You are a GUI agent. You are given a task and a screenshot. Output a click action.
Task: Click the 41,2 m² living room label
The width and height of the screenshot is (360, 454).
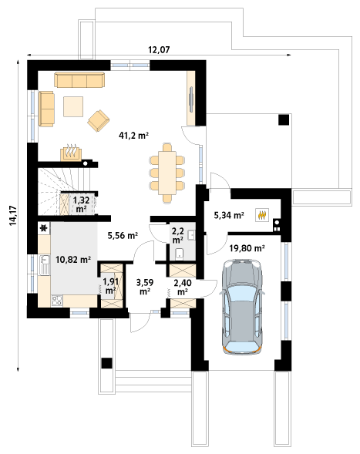[x=134, y=135]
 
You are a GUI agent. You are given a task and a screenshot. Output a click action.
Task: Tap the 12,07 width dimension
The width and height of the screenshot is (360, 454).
[x=159, y=50]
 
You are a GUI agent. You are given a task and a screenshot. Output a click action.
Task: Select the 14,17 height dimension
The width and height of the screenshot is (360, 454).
[x=13, y=215]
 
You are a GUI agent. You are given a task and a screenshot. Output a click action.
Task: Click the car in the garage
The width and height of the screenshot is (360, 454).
[x=242, y=307]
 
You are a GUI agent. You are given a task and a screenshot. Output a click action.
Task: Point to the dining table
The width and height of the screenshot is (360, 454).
[x=167, y=173]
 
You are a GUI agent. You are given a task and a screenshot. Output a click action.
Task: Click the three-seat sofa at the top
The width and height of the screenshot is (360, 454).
[x=79, y=80]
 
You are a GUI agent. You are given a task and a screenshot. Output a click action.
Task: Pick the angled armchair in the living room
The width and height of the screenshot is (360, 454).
[x=99, y=120]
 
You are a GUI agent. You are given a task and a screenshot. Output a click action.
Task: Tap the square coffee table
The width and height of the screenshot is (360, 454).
[x=73, y=106]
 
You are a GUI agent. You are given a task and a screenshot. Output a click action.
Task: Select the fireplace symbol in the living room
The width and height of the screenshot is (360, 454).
[x=71, y=153]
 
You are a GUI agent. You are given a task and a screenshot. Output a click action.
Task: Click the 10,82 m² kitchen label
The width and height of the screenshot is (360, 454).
[x=73, y=260]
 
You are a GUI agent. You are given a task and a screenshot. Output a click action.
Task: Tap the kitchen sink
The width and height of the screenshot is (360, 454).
[x=44, y=264]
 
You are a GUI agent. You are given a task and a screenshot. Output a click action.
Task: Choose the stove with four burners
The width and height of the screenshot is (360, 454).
[x=57, y=301]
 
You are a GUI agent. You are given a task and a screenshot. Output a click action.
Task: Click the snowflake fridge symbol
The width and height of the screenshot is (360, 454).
[x=44, y=228]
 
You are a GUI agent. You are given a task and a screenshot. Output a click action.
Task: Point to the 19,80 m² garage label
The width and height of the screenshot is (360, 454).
[x=247, y=248]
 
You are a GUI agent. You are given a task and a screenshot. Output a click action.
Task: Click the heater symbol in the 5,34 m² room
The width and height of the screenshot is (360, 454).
[x=262, y=215]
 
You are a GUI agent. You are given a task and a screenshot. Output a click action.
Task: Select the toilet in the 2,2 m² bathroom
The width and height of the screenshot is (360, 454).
[x=180, y=254]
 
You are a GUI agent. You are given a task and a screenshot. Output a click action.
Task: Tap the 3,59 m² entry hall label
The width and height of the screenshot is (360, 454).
[x=145, y=287]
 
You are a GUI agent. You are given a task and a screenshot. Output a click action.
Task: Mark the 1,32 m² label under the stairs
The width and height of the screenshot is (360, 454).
[x=81, y=204]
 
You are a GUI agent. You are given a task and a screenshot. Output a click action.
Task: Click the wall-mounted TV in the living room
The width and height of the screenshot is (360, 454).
[x=191, y=99]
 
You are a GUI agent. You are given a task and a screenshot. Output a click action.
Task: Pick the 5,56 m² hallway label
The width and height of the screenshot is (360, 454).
[x=123, y=236]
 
